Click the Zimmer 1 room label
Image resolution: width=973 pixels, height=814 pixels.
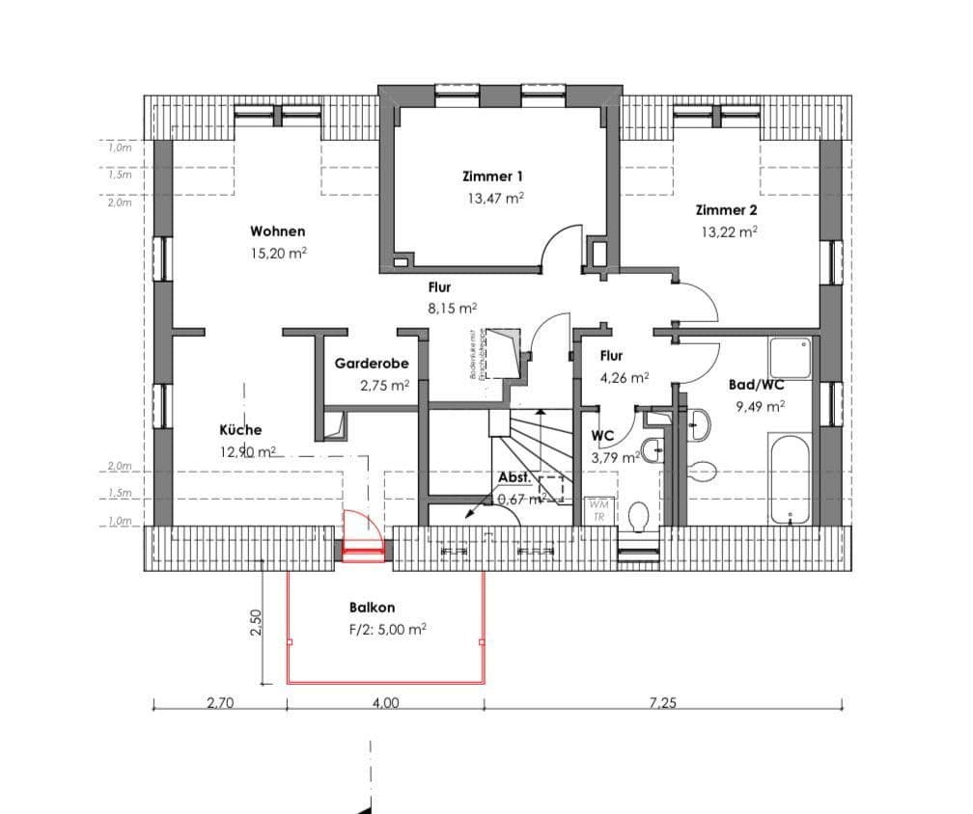coord(492,176)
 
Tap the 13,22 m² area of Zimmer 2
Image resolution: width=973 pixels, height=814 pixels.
coord(728,231)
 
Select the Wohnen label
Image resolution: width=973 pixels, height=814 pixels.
coord(278,231)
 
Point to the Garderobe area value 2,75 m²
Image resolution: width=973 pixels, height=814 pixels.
coord(384,385)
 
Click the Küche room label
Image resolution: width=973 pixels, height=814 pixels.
coord(240,430)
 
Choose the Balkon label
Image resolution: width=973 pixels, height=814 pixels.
coord(372,609)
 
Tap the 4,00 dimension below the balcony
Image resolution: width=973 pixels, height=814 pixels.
coord(385,703)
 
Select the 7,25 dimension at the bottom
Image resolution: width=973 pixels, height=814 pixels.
coord(662,703)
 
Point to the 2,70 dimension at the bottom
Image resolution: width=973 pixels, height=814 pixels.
coord(220,703)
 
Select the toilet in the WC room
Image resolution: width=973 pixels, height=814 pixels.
coord(637,517)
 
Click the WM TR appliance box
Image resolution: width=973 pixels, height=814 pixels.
coord(598,510)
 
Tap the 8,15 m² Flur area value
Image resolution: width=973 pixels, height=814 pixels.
coord(454,310)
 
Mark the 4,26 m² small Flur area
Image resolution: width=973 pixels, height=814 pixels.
coord(625,378)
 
